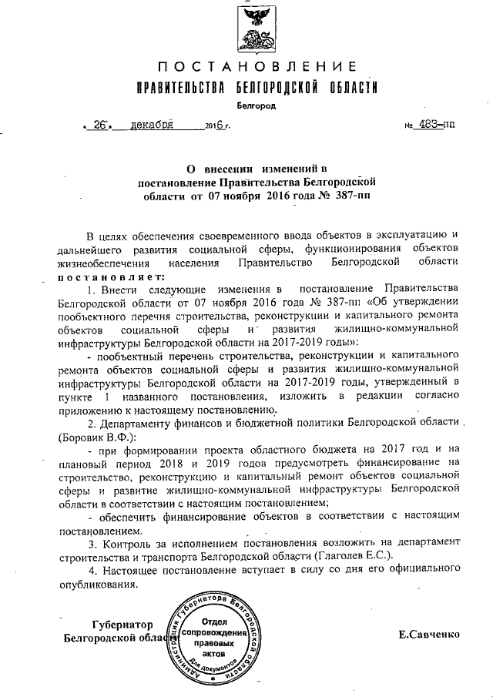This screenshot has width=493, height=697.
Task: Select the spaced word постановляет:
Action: click(x=112, y=276)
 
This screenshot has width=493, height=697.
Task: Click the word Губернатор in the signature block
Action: click(x=122, y=624)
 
